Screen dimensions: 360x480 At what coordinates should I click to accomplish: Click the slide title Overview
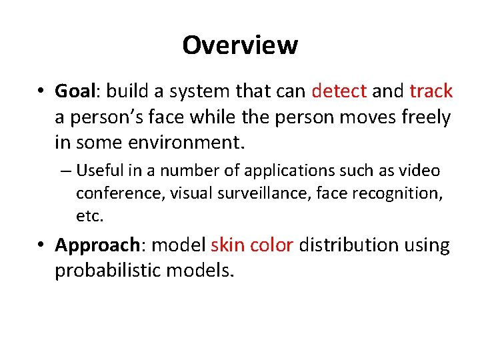240,45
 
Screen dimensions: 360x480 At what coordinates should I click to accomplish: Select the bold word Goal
75,91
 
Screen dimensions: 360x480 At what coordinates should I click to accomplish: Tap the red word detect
339,91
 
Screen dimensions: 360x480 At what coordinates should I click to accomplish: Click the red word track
431,91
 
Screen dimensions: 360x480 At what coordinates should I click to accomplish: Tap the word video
420,171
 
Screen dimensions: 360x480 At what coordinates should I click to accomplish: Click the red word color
272,245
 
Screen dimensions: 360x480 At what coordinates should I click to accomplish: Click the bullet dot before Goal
42,91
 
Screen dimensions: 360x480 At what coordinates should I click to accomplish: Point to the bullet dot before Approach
42,246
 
